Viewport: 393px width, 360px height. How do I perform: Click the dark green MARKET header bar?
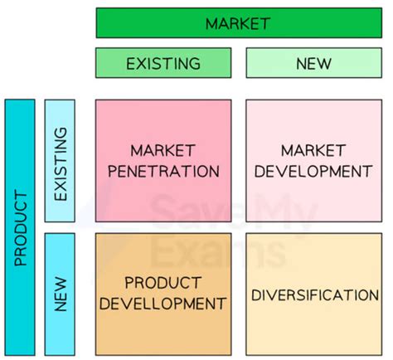tap(239, 23)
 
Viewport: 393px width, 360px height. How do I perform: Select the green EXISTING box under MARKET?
tap(163, 63)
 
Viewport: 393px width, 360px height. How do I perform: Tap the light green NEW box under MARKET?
tap(314, 63)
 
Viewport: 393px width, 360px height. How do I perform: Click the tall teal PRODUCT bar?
tap(20, 227)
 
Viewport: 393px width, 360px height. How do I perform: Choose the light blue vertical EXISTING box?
tap(60, 161)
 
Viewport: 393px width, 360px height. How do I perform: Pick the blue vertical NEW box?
tap(60, 294)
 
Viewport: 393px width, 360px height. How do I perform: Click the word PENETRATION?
tap(163, 171)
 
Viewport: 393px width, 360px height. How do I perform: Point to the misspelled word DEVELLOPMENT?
tap(163, 304)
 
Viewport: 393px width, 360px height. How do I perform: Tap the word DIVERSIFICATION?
tap(315, 295)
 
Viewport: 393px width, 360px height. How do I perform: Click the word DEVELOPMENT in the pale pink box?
tap(313, 171)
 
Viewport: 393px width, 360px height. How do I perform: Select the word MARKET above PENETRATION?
tap(163, 151)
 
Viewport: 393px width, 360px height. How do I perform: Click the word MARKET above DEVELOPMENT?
tap(313, 151)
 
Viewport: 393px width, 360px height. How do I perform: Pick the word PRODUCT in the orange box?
tap(163, 283)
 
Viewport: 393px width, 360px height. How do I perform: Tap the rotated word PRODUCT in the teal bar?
tap(21, 228)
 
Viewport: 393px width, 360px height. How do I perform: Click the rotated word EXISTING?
tap(61, 164)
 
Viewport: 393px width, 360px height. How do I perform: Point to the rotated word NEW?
tap(61, 294)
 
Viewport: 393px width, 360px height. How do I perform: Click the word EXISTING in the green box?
tap(163, 64)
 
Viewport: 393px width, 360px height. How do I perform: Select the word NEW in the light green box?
tap(313, 64)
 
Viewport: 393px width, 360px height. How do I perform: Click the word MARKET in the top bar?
tap(238, 23)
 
